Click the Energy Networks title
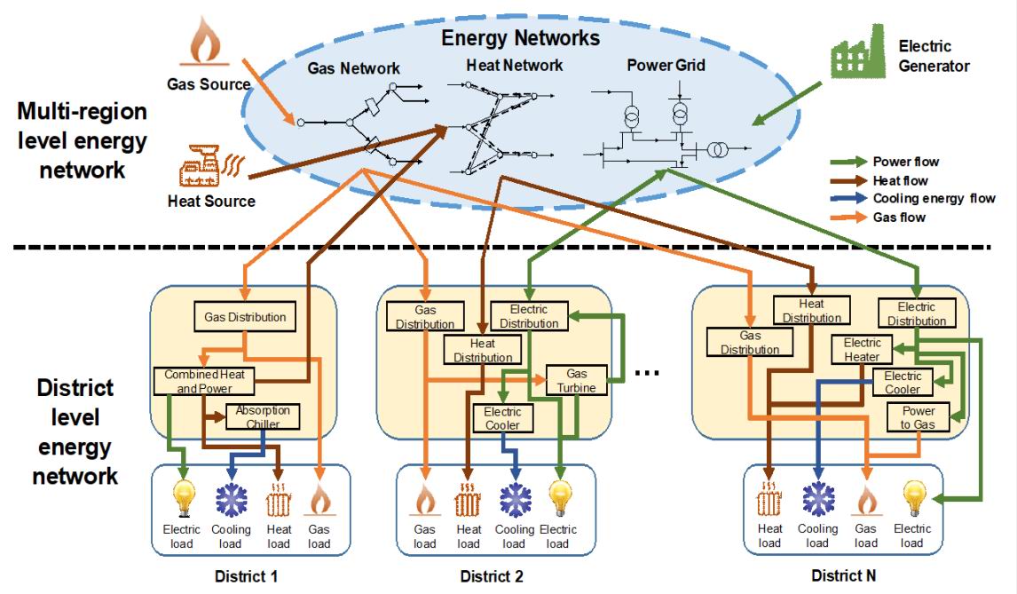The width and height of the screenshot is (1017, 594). [520, 38]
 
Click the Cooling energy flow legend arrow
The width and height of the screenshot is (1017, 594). [848, 199]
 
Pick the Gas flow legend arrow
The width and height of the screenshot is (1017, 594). [848, 218]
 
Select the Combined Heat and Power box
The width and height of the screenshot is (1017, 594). [204, 382]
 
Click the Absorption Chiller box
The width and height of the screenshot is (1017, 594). [263, 417]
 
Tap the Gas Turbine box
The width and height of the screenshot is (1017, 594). [578, 380]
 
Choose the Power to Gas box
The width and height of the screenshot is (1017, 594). [918, 417]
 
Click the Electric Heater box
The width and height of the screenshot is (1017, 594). [862, 350]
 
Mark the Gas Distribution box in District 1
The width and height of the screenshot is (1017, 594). [245, 316]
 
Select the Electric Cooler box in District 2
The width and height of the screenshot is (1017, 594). [502, 418]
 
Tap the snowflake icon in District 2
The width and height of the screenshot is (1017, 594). [515, 500]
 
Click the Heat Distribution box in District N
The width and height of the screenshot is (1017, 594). [811, 311]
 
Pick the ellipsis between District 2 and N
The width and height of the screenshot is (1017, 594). [649, 373]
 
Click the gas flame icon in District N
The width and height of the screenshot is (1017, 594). [865, 502]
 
